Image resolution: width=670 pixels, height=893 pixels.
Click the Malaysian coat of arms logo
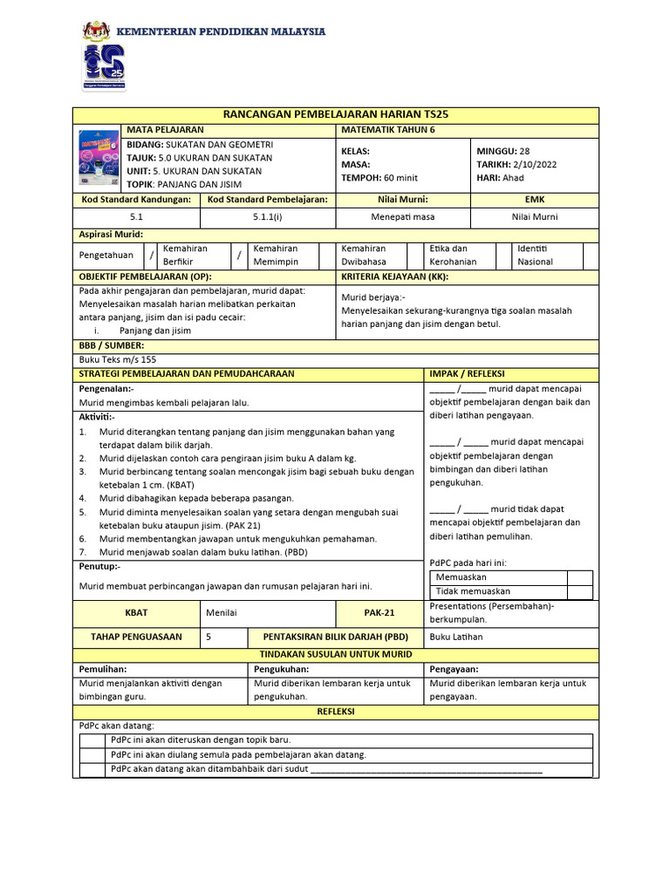(x=96, y=31)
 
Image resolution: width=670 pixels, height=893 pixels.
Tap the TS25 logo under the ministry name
(x=104, y=69)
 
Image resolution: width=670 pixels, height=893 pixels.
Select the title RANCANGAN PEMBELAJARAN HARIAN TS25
(x=336, y=115)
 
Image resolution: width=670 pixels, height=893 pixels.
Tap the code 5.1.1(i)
(x=267, y=217)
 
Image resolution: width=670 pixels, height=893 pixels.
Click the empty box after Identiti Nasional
(x=591, y=256)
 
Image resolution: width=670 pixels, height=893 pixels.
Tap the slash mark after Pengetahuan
(x=152, y=256)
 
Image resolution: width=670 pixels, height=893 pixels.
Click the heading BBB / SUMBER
(x=112, y=345)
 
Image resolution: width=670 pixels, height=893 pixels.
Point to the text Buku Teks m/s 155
(x=118, y=359)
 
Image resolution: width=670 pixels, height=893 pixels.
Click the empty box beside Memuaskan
(x=579, y=577)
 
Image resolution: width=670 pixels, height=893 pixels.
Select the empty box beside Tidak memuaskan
(x=579, y=591)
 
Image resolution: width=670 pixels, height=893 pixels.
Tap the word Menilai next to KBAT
(x=222, y=613)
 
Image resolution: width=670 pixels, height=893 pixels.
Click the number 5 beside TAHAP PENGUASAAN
(x=209, y=637)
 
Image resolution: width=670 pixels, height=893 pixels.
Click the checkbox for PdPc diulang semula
(x=92, y=755)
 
